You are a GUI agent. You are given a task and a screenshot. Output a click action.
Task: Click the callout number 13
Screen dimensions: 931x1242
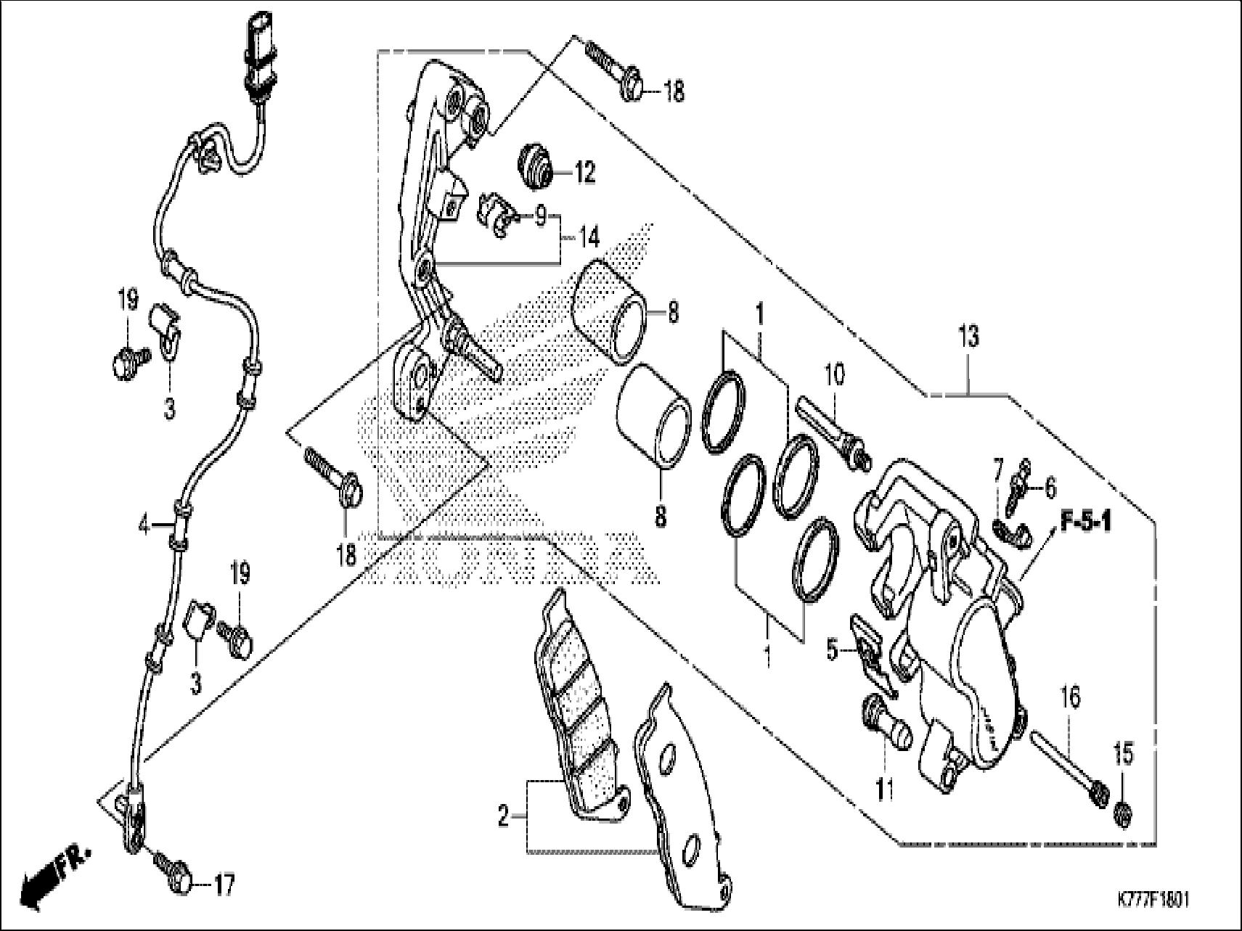point(968,337)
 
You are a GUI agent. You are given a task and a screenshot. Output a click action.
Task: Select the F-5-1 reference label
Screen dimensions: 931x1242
point(1086,522)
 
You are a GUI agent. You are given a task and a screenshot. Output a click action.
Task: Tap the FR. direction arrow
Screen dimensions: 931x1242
point(54,875)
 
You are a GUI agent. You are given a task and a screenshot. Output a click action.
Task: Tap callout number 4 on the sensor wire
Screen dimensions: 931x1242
point(144,525)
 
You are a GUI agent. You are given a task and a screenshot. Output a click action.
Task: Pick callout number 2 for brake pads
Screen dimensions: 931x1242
point(504,818)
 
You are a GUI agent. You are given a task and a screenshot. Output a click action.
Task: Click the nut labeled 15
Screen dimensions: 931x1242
point(1122,813)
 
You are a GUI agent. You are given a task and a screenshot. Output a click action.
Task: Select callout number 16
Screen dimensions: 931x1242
point(1070,697)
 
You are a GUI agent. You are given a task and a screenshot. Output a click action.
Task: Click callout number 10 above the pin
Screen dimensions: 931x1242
point(834,375)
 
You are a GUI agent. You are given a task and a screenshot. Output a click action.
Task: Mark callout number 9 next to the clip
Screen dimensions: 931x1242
point(540,216)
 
